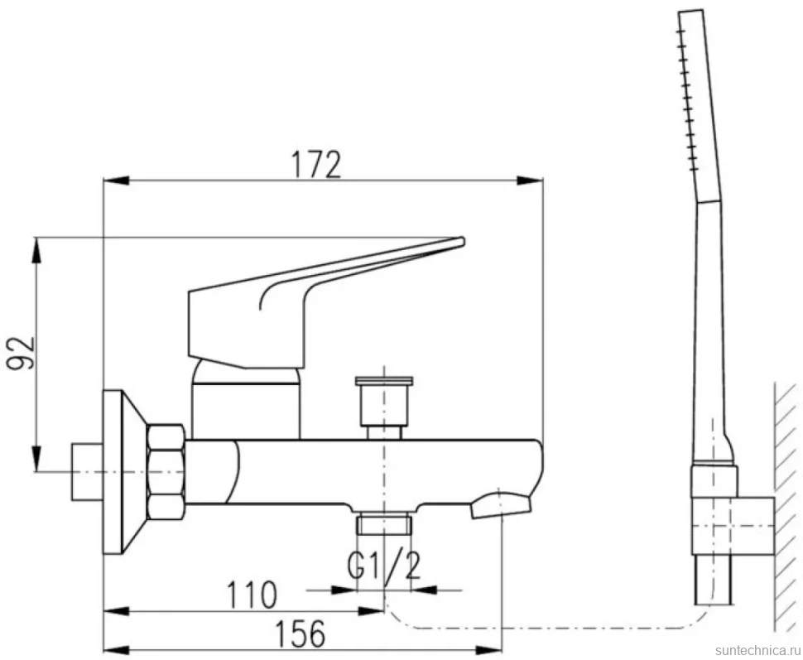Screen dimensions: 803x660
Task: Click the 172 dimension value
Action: click(x=316, y=164)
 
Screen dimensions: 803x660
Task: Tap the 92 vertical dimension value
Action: click(x=21, y=353)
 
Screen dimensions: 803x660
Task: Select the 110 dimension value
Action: click(x=252, y=595)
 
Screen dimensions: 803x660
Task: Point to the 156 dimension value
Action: click(x=301, y=634)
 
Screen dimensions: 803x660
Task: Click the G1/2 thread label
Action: click(x=383, y=566)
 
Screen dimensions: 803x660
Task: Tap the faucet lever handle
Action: click(x=326, y=302)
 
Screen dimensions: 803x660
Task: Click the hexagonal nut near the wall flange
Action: click(x=166, y=472)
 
